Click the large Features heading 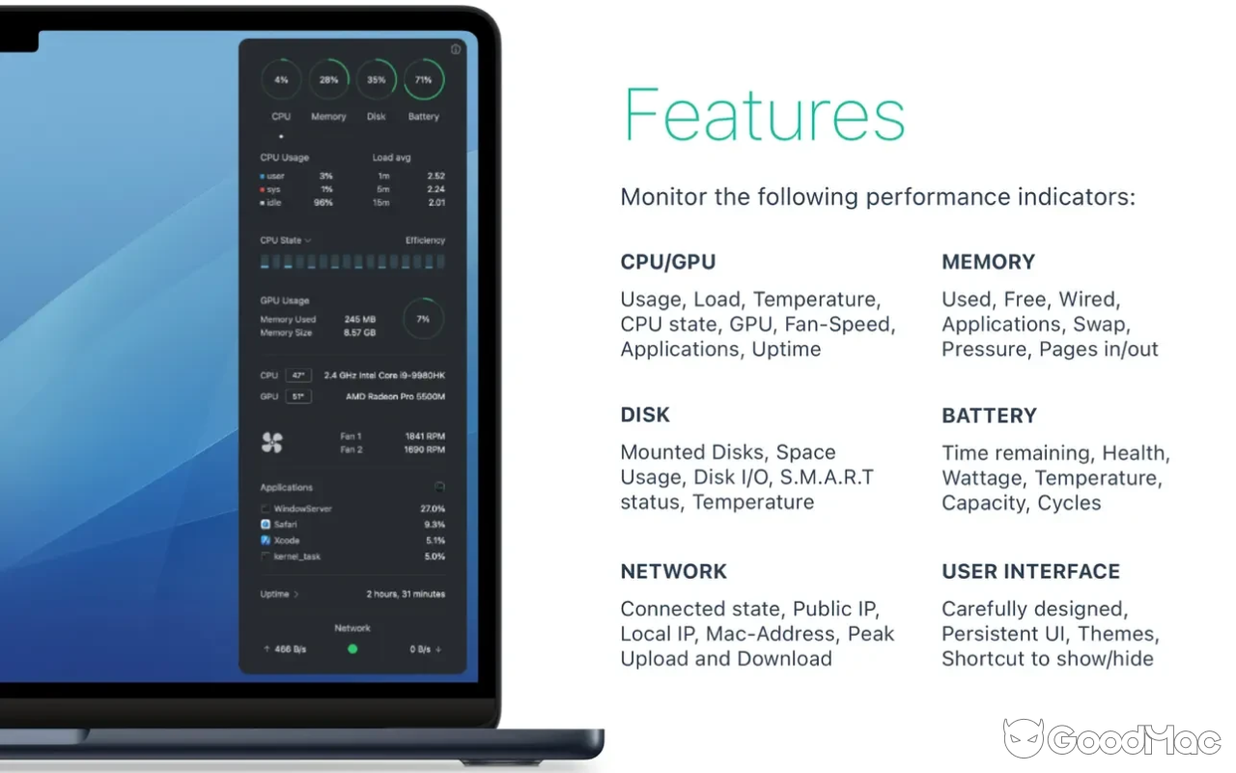pos(764,114)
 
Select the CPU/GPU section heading pos(668,262)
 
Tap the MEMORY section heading pos(988,262)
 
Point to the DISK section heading pos(645,415)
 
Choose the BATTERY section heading pos(989,415)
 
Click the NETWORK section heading pos(674,571)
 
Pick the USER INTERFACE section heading pos(1030,571)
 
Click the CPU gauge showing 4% pos(281,80)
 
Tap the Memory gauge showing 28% pos(328,80)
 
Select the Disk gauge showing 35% pos(376,80)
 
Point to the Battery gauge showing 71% pos(423,80)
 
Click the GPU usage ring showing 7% pos(423,319)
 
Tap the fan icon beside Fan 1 pos(271,443)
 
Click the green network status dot pos(352,649)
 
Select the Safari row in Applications pos(285,525)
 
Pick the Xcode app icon pos(266,540)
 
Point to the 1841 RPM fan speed pos(425,437)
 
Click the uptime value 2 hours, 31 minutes pos(406,594)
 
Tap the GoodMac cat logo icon pos(1023,739)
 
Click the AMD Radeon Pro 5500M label pos(395,397)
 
